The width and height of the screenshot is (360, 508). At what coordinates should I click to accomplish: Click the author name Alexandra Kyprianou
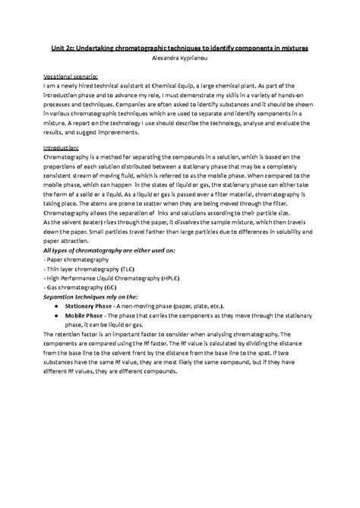(x=179, y=57)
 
